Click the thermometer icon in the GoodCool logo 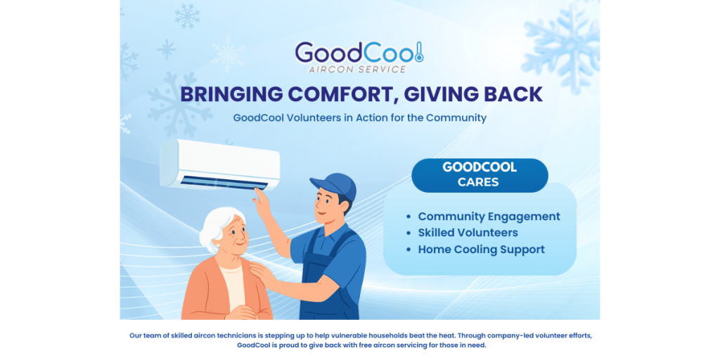[418, 52]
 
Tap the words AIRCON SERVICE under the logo [358, 70]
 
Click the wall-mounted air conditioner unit [219, 165]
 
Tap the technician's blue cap [334, 185]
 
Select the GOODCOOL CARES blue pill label [480, 175]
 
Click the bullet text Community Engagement [489, 217]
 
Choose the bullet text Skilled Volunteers [468, 233]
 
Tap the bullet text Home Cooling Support [481, 250]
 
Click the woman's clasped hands [241, 313]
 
